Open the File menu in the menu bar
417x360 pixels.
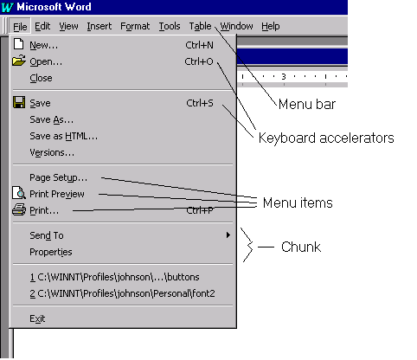20,27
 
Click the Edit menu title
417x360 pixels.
42,26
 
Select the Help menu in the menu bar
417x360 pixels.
271,26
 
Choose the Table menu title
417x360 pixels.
200,26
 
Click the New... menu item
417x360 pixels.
44,45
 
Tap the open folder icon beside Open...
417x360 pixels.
19,61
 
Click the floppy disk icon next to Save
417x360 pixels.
19,102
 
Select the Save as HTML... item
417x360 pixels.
64,136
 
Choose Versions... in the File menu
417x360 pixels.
52,152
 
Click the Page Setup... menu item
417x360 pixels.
59,177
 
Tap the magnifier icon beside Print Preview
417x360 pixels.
19,193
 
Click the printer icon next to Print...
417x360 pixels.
19,209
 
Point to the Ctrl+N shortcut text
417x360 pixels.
199,45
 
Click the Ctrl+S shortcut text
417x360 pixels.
200,103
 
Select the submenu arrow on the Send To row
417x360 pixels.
228,235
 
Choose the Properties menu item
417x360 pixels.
51,252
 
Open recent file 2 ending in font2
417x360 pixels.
122,293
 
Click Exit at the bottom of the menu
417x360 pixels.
37,318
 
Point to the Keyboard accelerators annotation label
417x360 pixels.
326,138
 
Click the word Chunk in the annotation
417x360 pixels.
301,247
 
